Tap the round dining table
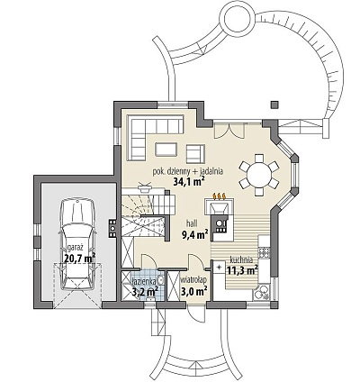click(258, 175)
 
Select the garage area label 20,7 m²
click(80, 258)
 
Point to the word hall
click(192, 223)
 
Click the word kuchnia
click(241, 260)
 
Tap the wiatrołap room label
click(193, 280)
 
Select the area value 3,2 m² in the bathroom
click(146, 291)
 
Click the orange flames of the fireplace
click(220, 196)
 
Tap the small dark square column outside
click(274, 105)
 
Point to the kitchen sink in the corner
click(261, 292)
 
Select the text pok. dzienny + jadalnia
click(187, 171)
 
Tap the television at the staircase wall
click(144, 187)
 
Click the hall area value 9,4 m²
click(195, 234)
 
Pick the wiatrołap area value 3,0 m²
click(194, 291)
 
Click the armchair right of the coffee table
click(195, 154)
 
